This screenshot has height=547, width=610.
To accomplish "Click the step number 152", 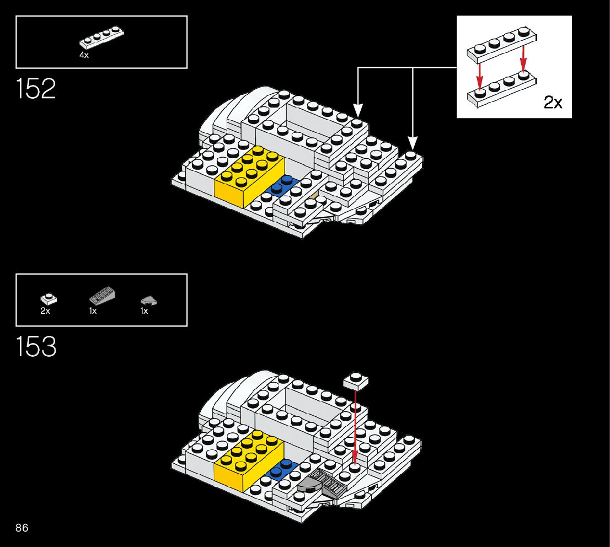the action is point(36,89).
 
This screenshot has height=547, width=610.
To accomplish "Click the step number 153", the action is point(36,347).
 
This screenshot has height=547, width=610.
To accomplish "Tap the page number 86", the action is point(22,528).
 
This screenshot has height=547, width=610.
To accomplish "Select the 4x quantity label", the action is point(84,55).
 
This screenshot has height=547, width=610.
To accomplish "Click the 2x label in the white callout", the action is point(553,103).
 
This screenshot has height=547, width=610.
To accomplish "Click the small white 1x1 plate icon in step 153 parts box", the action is point(49,299).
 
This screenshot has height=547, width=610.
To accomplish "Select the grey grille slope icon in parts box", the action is point(102,296).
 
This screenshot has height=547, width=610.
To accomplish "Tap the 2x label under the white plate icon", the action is point(45,311).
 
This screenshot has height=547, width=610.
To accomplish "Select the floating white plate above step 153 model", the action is point(355,380).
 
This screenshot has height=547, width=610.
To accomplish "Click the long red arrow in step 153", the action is point(355,425).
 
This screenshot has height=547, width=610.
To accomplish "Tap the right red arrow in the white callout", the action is point(523,59).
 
